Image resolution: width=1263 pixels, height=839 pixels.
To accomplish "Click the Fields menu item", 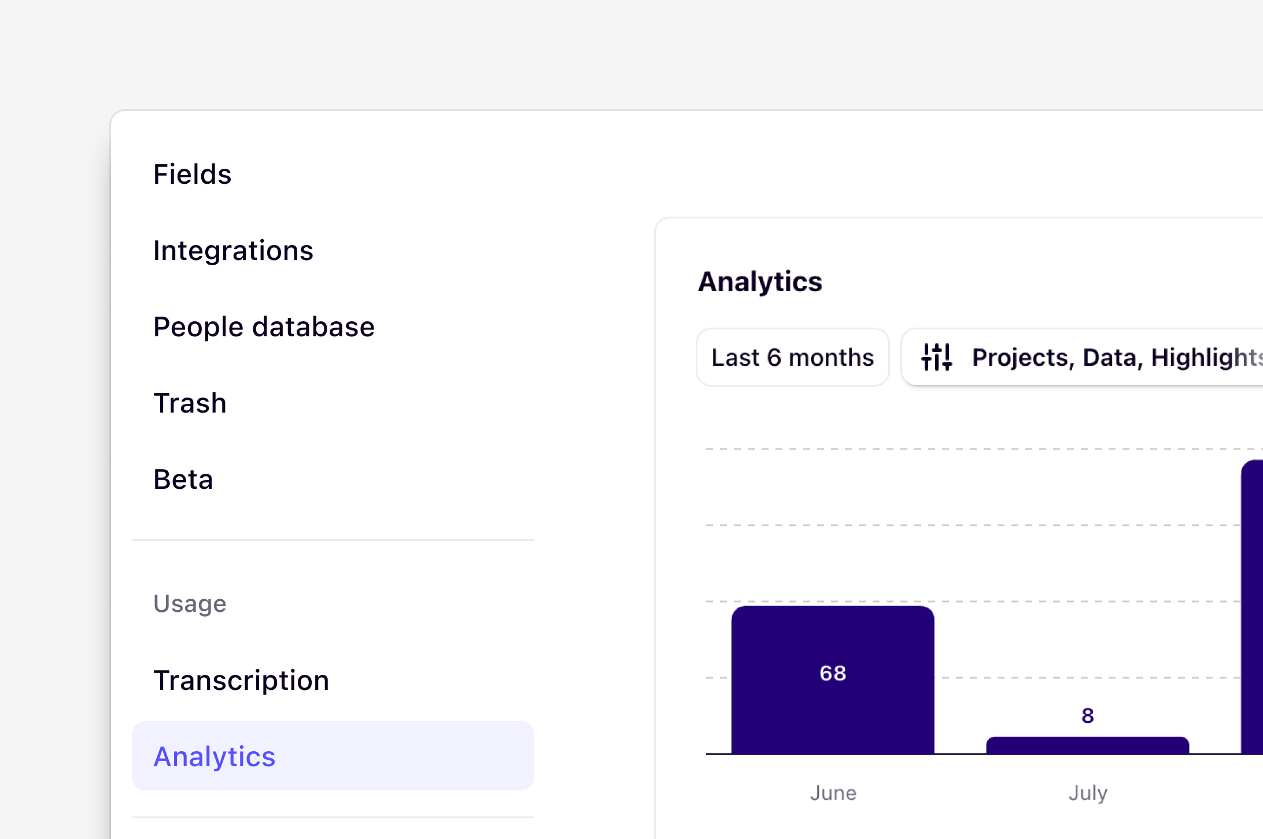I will coord(192,174).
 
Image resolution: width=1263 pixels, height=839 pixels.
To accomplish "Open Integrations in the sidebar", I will coord(233,250).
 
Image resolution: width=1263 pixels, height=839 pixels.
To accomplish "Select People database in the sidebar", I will coord(264,326).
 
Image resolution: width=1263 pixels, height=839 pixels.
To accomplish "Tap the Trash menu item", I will coord(190,403).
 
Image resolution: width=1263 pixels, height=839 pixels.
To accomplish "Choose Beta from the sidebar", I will coord(183,479).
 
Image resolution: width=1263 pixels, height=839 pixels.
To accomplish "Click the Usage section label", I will coord(190,603).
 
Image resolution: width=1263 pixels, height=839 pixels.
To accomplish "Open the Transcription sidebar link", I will coord(241,680).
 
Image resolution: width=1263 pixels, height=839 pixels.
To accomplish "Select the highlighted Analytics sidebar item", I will coord(215,756).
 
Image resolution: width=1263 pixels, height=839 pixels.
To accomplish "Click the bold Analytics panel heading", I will coord(760,282).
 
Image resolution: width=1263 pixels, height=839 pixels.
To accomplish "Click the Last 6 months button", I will coord(792,357).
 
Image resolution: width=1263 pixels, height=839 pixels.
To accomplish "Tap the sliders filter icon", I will coord(936,357).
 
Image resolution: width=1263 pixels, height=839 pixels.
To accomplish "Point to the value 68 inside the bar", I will coord(833,673).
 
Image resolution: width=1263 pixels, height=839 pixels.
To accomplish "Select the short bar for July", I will coord(1087,745).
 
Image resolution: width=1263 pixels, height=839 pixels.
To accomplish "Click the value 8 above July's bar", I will coord(1087,715).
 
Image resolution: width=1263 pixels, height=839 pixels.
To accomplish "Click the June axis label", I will coord(833,793).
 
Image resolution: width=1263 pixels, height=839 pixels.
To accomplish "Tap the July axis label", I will coord(1087,793).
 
